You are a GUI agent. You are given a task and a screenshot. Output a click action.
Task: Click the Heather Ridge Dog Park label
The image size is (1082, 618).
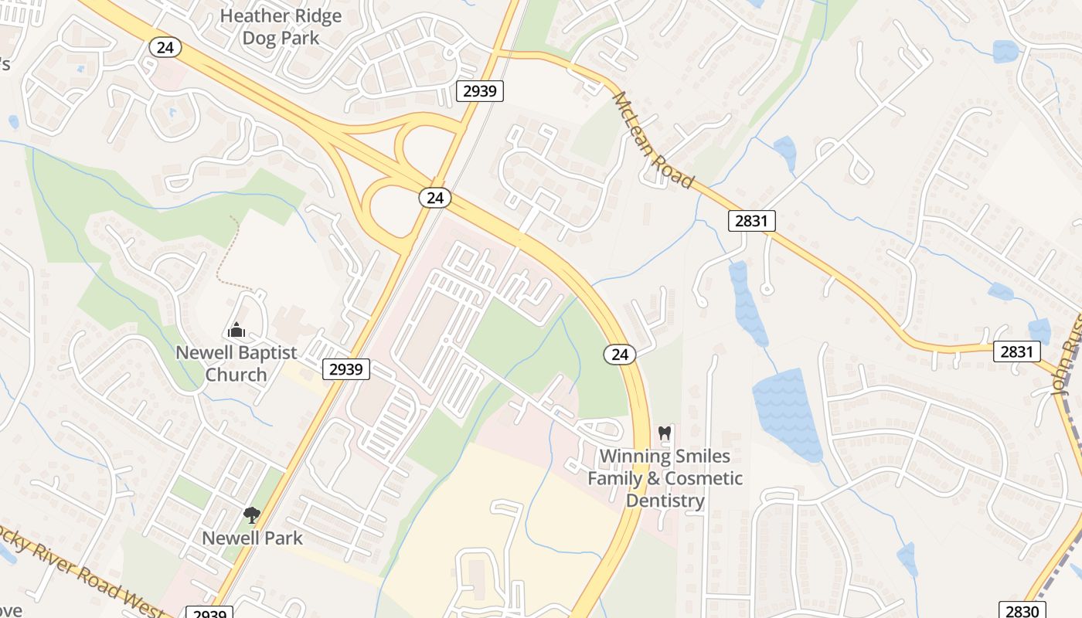click(281, 27)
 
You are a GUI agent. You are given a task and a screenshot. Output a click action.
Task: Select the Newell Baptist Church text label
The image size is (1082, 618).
click(236, 364)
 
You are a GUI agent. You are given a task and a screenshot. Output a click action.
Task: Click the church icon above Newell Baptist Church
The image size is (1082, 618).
click(236, 331)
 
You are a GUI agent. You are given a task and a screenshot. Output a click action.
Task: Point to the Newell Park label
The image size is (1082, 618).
click(252, 538)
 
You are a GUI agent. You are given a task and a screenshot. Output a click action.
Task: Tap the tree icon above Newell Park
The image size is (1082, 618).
click(251, 514)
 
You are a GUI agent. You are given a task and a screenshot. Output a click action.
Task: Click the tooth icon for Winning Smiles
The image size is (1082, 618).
click(664, 433)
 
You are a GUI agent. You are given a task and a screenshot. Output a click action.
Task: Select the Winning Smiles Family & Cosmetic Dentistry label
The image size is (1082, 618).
click(665, 478)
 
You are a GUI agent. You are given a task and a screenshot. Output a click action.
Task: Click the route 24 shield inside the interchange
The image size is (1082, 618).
click(435, 198)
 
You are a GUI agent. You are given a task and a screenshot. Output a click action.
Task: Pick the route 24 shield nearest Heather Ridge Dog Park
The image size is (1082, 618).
click(165, 48)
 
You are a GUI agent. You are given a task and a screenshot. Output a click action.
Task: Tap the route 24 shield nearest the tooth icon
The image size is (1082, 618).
click(620, 355)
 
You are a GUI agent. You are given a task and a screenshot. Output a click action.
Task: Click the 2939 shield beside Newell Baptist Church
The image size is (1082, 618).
click(346, 369)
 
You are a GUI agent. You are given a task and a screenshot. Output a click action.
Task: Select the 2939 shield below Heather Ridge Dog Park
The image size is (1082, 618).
click(480, 91)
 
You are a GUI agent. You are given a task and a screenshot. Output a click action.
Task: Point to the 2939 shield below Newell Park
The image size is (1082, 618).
click(209, 613)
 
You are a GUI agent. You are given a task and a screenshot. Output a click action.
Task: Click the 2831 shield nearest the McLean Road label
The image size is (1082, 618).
click(751, 221)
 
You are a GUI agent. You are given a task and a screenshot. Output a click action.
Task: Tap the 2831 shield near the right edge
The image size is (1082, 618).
click(1016, 351)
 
